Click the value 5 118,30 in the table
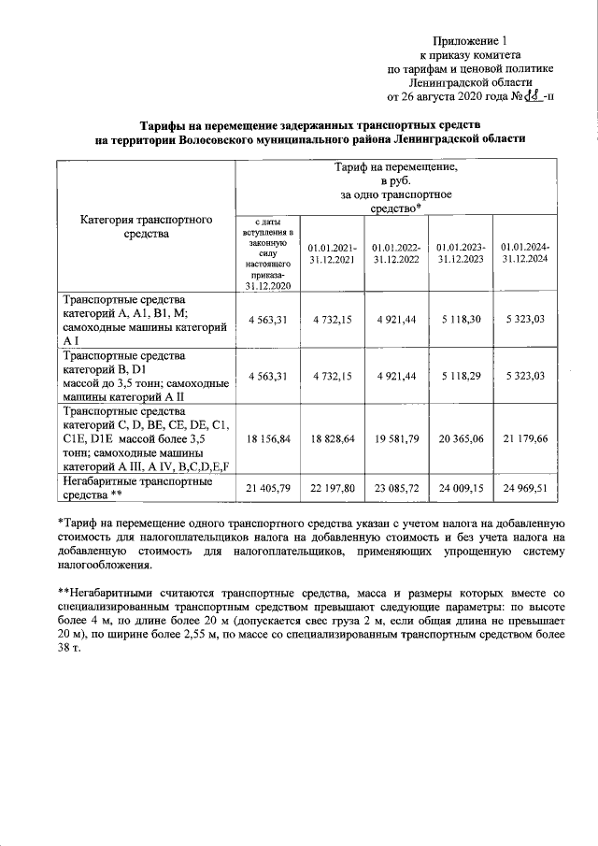(x=459, y=320)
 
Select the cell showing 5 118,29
(x=459, y=376)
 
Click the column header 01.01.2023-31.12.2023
(x=459, y=252)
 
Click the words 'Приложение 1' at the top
(x=471, y=41)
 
